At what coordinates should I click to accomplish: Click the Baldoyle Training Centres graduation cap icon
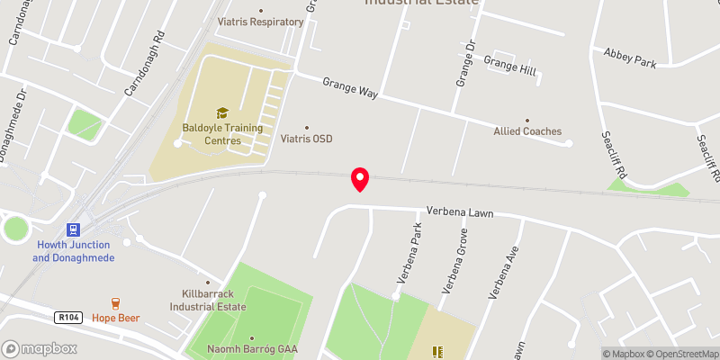pos(222,112)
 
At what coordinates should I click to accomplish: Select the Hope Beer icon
pos(115,303)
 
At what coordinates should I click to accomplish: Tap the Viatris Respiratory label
pos(261,21)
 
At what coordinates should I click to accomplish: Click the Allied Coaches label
pos(527,131)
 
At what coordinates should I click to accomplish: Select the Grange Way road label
pos(351,87)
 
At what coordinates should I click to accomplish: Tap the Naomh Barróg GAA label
pos(252,349)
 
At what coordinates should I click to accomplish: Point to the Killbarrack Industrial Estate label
pos(207,301)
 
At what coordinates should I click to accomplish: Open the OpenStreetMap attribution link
pos(681,354)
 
